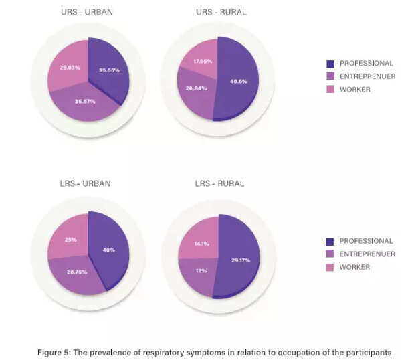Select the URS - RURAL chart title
pos(219,13)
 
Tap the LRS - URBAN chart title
pos(86,183)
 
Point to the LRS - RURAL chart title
pos(219,183)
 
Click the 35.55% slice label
pos(109,70)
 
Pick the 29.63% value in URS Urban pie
pos(70,67)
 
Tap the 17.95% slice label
pos(202,61)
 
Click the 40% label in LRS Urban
pos(108,250)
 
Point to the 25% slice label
pos(72,239)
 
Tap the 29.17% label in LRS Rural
pos(239,260)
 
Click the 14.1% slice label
pos(201,244)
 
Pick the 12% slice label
pos(200,270)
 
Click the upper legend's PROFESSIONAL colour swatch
pos(330,64)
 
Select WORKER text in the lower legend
pos(354,267)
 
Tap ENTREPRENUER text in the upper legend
pos(367,76)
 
